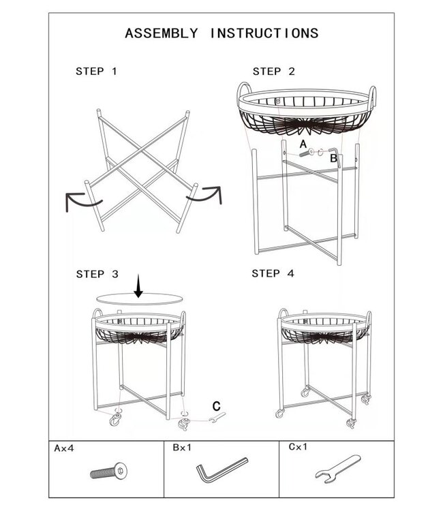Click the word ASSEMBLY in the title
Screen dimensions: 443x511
(x=162, y=33)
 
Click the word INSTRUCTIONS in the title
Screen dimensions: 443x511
(x=264, y=33)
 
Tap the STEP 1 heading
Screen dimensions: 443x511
(x=96, y=72)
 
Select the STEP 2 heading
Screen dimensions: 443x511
(x=274, y=72)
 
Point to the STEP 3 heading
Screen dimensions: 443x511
(x=97, y=274)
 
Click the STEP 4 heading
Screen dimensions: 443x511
(x=273, y=273)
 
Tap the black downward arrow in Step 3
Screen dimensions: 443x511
(x=138, y=286)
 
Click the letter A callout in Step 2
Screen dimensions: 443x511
(x=303, y=144)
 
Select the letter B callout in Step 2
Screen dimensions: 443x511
(x=333, y=158)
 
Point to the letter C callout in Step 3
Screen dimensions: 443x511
(x=217, y=406)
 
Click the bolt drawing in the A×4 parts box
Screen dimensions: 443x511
(x=108, y=471)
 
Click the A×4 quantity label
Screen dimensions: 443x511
(x=64, y=448)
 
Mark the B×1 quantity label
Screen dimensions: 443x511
(x=182, y=448)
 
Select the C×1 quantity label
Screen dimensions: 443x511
(x=298, y=447)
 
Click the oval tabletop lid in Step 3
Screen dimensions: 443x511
(x=139, y=299)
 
